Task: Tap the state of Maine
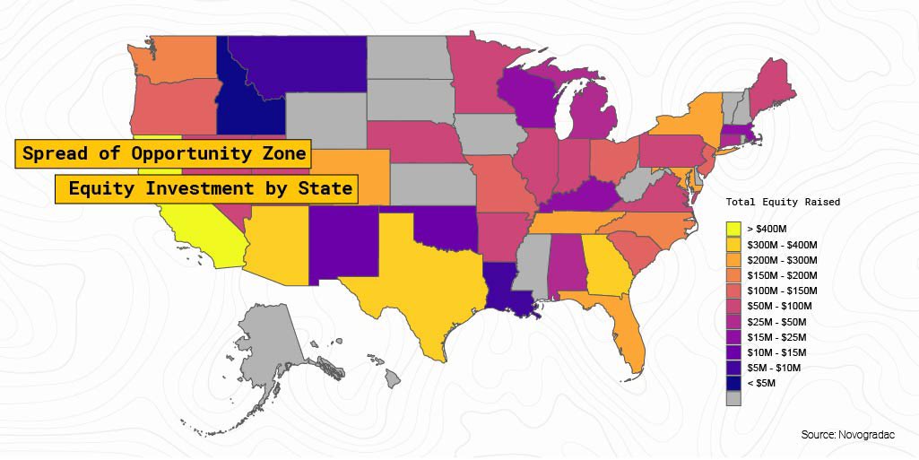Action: click(767, 84)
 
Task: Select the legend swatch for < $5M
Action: click(733, 383)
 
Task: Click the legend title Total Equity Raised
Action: click(783, 203)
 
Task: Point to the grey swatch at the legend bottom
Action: click(733, 399)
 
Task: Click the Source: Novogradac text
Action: click(846, 435)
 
